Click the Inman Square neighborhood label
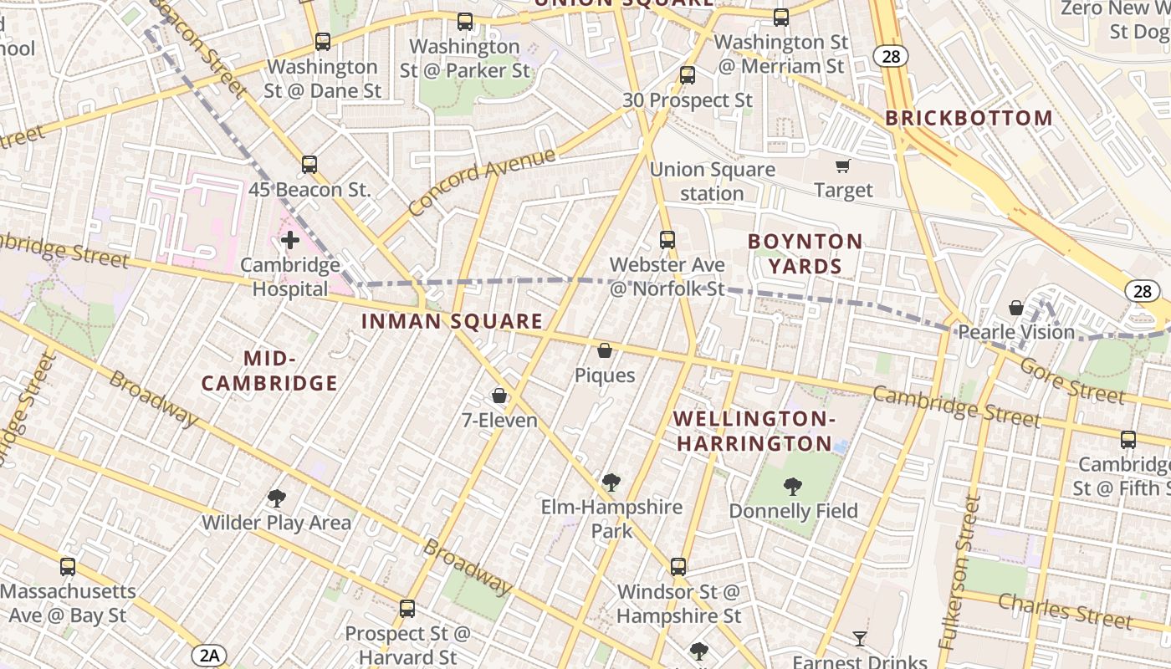tap(452, 321)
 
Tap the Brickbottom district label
tap(969, 118)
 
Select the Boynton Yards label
tap(805, 254)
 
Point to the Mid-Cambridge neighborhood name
tap(269, 371)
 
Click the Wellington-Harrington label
tap(754, 431)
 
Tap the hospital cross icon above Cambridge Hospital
tap(290, 241)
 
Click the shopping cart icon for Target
tap(843, 166)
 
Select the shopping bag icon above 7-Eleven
tap(499, 396)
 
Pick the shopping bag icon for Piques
tap(605, 351)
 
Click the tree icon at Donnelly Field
tap(792, 486)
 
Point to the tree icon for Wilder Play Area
tap(276, 499)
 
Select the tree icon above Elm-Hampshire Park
tap(611, 483)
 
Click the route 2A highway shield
tap(209, 655)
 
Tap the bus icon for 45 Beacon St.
tap(309, 165)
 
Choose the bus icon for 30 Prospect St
tap(688, 75)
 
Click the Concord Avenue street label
tap(482, 181)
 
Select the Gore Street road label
tap(1072, 380)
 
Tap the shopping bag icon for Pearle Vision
tap(1016, 308)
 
